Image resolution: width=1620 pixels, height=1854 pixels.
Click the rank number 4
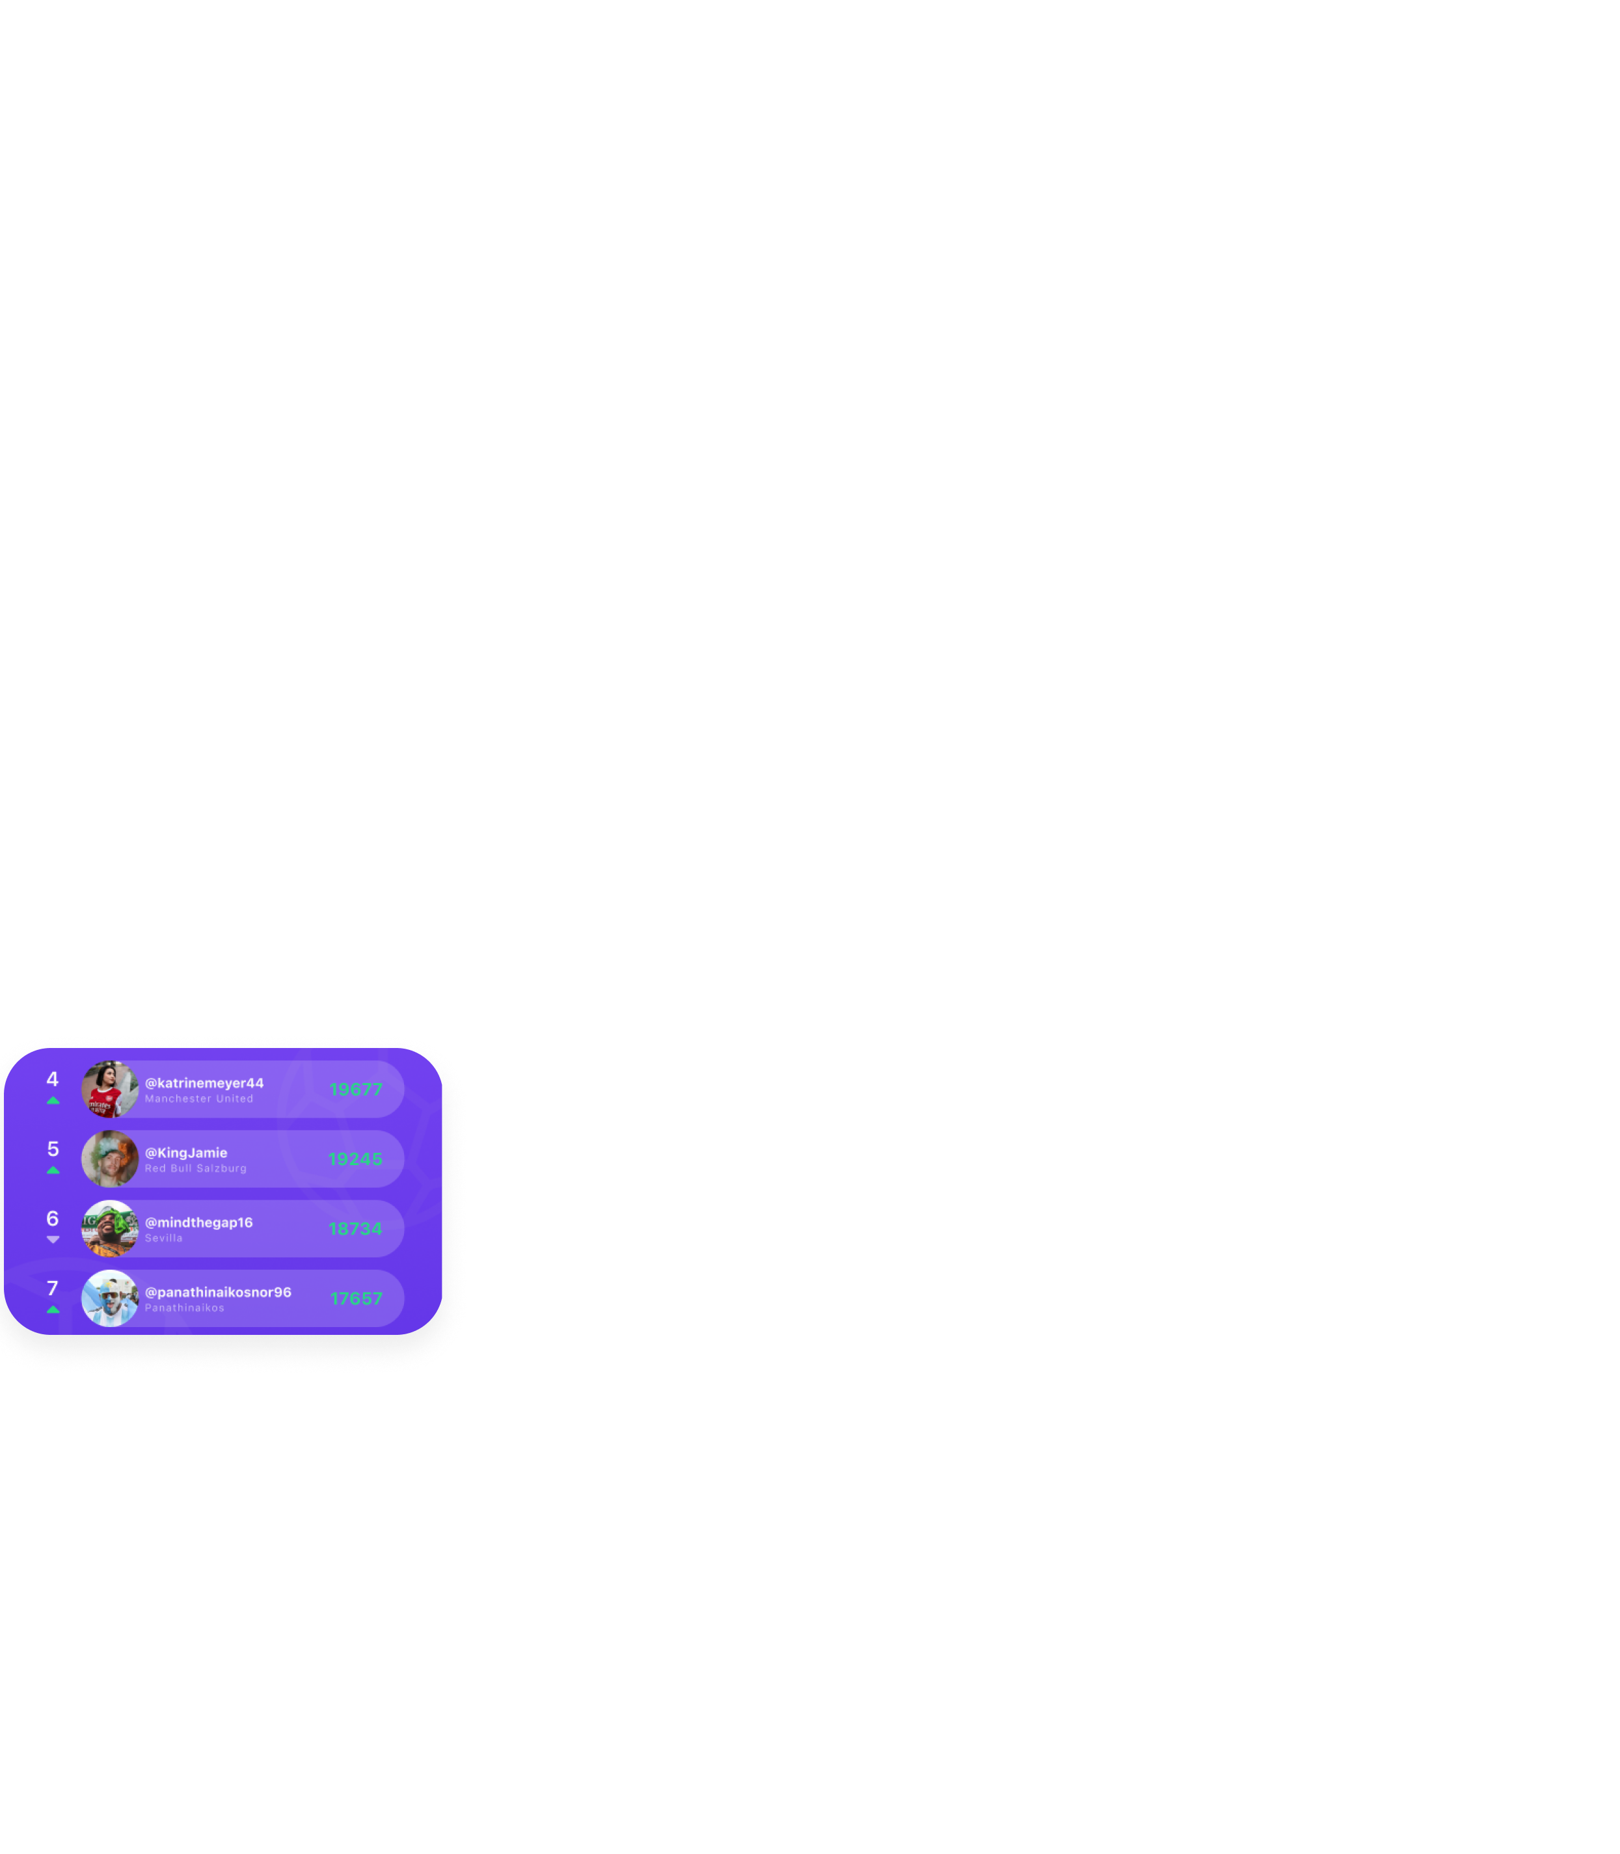tap(53, 1079)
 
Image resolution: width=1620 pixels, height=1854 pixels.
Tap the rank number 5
tap(53, 1149)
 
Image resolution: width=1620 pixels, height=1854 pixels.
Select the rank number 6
tap(53, 1218)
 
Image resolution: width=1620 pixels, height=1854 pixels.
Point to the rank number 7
tap(53, 1288)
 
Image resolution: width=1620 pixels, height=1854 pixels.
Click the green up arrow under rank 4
tap(53, 1100)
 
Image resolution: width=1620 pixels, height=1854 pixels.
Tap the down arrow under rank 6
tap(53, 1239)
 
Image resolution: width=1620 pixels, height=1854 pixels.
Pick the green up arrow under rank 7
tap(53, 1309)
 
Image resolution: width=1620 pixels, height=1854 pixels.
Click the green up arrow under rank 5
tap(53, 1170)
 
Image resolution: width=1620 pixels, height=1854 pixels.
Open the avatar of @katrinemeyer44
tap(109, 1089)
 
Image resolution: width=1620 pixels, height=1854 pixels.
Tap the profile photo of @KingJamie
tap(109, 1159)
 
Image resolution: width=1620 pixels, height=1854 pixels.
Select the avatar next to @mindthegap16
tap(109, 1228)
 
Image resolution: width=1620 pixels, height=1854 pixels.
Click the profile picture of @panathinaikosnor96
tap(109, 1298)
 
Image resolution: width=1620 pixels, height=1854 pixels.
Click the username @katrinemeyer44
tap(204, 1083)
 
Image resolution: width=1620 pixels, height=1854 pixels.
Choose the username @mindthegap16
tap(199, 1222)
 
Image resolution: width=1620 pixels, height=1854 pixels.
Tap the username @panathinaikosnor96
tap(218, 1292)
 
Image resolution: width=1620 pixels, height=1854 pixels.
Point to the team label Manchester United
tap(199, 1099)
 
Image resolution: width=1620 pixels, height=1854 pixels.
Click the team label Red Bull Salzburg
tap(195, 1169)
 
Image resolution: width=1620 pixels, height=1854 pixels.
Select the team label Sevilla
tap(164, 1239)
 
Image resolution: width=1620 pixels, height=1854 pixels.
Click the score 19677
tap(355, 1089)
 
